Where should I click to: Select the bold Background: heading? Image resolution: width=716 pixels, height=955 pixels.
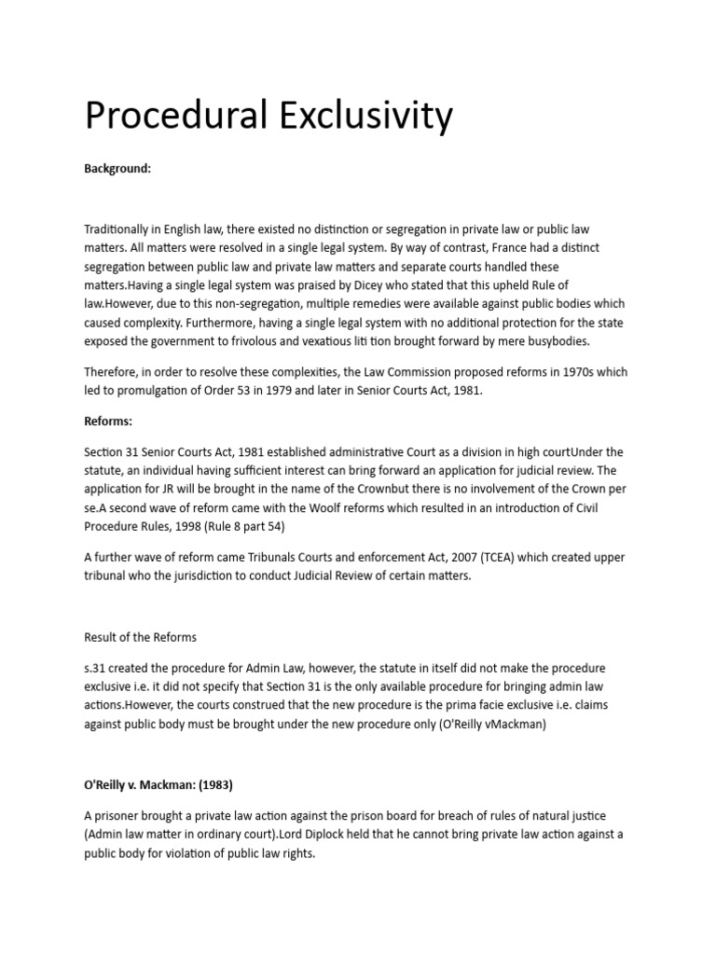pos(117,169)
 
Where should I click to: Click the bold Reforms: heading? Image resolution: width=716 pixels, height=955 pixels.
pos(108,420)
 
